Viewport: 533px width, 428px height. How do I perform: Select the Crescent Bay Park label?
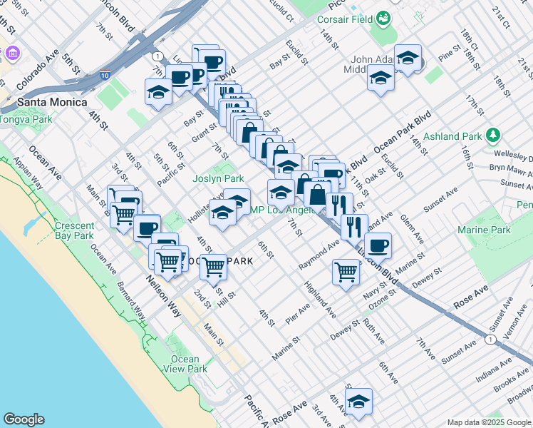74,230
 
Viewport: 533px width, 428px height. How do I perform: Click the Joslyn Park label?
218,179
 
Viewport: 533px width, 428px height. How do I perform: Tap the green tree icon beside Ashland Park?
492,135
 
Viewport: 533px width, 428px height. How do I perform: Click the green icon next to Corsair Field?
384,18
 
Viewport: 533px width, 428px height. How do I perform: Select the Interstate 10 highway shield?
105,74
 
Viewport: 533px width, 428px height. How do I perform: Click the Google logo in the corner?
24,419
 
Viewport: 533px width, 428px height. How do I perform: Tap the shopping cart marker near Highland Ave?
345,272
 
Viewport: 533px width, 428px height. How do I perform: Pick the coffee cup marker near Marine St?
378,245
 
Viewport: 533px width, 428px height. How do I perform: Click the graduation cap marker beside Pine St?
408,59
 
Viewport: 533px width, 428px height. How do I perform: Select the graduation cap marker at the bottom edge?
359,402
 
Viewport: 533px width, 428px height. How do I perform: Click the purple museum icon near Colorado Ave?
12,53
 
